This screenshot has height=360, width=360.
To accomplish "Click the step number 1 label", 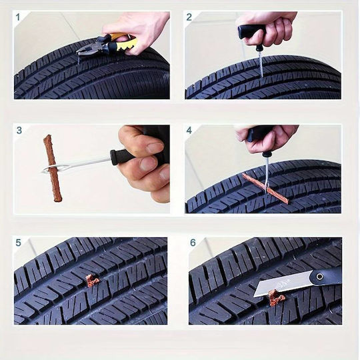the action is [x=18, y=17].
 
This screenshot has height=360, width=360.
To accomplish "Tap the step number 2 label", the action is [x=189, y=17].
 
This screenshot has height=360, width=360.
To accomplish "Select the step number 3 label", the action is [x=19, y=130].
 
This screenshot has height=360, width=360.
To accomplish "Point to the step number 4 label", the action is [x=189, y=130].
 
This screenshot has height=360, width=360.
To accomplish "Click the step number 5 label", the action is [x=19, y=243].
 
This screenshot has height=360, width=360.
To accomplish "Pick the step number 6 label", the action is [x=193, y=243].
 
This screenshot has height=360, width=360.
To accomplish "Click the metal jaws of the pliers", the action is [x=89, y=48].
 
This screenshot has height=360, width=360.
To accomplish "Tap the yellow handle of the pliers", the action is [x=125, y=43].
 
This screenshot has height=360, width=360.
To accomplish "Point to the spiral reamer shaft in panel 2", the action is [x=260, y=63].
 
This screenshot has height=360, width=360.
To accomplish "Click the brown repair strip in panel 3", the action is [x=52, y=168].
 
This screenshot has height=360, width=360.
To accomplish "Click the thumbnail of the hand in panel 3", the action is [x=155, y=147].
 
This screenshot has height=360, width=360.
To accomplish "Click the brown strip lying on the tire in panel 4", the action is [x=265, y=188].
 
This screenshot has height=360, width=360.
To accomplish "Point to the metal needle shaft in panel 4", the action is [x=267, y=173].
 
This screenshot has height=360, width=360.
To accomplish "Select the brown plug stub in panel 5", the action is [x=92, y=281].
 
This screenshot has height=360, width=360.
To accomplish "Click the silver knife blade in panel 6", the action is [x=283, y=283].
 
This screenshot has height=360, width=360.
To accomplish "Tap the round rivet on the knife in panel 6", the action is [x=319, y=276].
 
